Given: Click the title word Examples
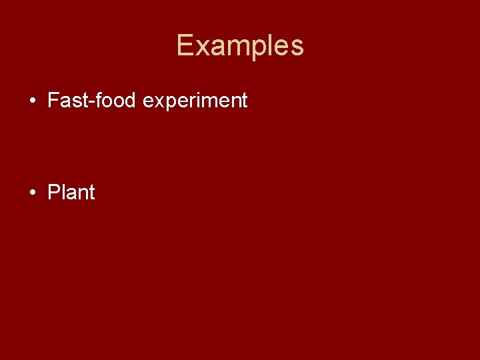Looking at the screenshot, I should coord(240,46).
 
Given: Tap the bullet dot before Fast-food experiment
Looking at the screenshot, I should coord(32,101).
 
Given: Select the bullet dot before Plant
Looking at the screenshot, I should coord(32,193).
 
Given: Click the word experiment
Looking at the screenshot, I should coord(195,101).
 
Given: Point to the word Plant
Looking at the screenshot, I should coord(71,193).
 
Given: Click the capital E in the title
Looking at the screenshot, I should coord(185,46).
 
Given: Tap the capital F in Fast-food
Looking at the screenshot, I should coord(53,101).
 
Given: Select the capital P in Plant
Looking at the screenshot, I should coord(53,193).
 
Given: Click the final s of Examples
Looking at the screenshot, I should coord(297,47).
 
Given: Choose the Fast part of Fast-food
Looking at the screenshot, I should coord(69,101).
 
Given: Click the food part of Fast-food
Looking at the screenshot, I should coord(118,101).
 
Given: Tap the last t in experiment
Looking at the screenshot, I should coord(244,101).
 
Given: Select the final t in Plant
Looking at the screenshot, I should coord(91,193).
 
